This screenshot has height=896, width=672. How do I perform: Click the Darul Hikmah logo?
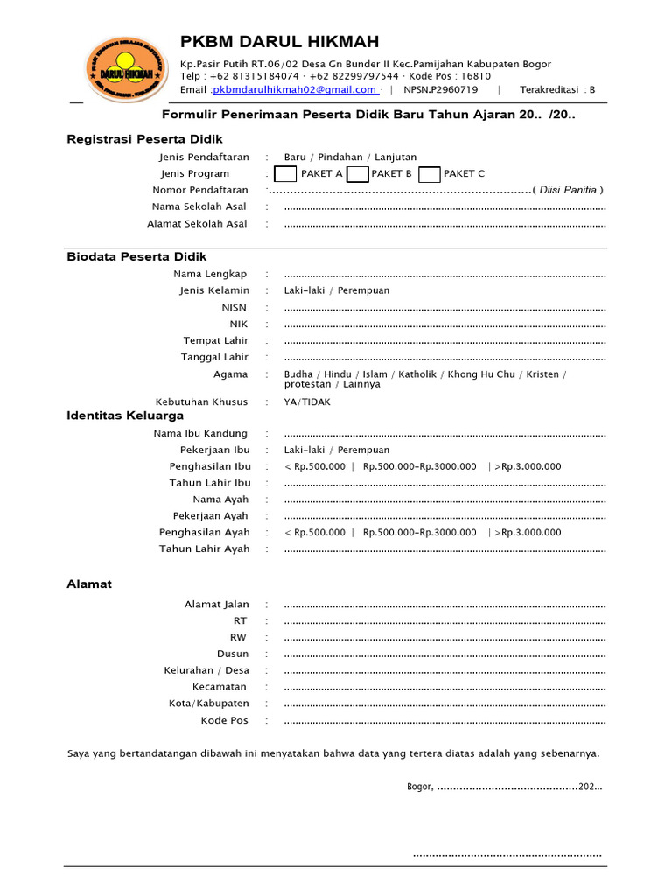tap(128, 70)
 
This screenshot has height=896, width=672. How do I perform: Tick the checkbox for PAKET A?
tap(285, 173)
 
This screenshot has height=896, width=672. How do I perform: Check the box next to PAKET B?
tap(357, 173)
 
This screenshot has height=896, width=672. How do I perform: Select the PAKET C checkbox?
tap(429, 173)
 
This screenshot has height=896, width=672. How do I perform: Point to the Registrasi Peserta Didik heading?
tap(144, 139)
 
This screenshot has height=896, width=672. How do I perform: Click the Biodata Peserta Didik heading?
tap(136, 256)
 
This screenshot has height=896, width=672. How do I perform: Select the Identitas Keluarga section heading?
tap(125, 416)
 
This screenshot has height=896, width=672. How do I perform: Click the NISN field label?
tap(234, 307)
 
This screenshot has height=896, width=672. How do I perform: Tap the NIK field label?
tap(239, 324)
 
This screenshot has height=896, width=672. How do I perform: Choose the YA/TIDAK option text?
tap(307, 402)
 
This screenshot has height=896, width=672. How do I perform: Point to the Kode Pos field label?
tap(225, 720)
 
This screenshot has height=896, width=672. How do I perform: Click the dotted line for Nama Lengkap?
tap(444, 275)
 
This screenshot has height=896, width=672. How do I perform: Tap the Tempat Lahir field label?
tap(215, 340)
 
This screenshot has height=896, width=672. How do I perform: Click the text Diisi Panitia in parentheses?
tap(568, 190)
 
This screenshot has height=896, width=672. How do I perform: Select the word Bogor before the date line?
tap(419, 787)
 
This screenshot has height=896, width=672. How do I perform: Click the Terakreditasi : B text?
tap(557, 89)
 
